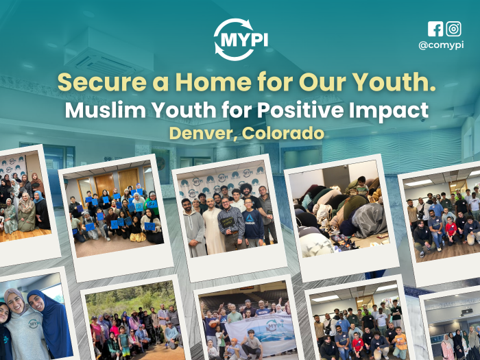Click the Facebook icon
click(435, 29)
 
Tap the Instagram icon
click(454, 29)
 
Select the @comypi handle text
click(441, 45)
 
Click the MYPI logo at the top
click(241, 40)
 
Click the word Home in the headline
click(213, 82)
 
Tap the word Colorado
click(283, 134)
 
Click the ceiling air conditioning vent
click(108, 51)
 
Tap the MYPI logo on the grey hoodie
click(33, 324)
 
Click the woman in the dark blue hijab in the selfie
click(49, 324)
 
